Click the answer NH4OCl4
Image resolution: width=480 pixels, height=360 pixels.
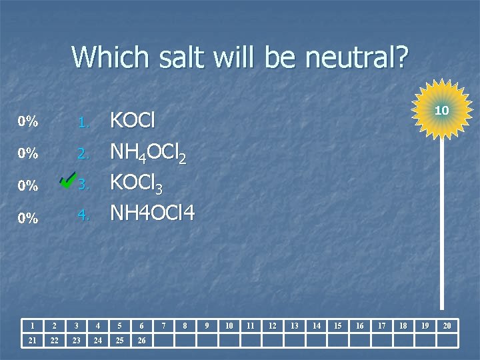152,214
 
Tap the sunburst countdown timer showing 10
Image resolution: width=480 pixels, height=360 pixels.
441,109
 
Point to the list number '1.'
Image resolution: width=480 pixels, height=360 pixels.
83,123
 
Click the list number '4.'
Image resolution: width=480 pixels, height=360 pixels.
83,215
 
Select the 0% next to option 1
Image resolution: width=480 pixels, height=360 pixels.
27,122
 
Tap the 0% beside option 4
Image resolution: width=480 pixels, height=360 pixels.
27,217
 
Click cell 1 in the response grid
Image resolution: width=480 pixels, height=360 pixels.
32,325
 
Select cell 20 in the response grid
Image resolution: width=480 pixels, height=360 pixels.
447,325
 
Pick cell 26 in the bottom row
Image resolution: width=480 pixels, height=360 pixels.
141,341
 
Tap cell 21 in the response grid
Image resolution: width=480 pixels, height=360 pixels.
32,341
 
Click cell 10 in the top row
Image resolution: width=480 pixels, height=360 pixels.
229,325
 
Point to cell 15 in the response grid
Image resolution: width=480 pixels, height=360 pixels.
338,325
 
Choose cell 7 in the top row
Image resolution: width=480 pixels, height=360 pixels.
163,325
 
